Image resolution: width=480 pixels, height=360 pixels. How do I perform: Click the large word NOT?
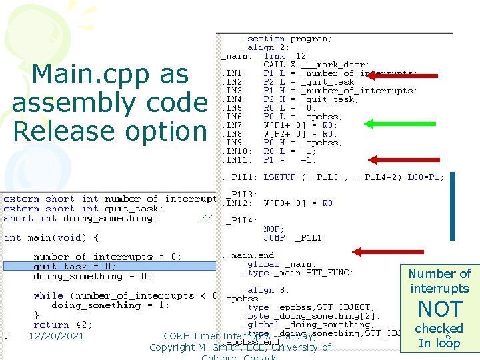439,309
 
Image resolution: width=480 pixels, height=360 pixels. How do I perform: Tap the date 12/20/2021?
56,336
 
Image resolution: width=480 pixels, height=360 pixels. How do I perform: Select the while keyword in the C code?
49,295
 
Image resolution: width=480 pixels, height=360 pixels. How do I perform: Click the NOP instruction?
273,229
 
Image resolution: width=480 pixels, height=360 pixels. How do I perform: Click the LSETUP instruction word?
279,177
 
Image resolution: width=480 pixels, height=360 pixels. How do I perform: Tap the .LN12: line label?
236,203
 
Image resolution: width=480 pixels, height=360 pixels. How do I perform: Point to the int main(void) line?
51,237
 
